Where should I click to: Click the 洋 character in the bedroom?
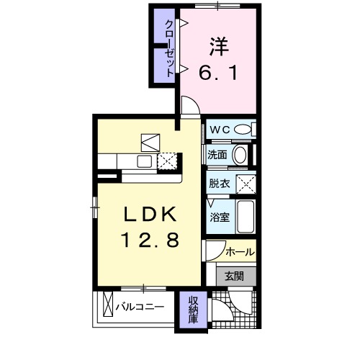(x=219, y=44)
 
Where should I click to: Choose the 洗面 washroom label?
(x=218, y=154)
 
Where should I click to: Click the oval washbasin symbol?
(x=240, y=153)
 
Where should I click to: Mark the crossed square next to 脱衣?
(x=249, y=183)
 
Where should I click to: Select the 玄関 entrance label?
(x=233, y=275)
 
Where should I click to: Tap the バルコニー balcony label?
(x=140, y=307)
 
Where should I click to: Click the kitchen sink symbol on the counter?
(x=143, y=161)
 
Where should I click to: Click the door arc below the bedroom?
(x=189, y=106)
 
